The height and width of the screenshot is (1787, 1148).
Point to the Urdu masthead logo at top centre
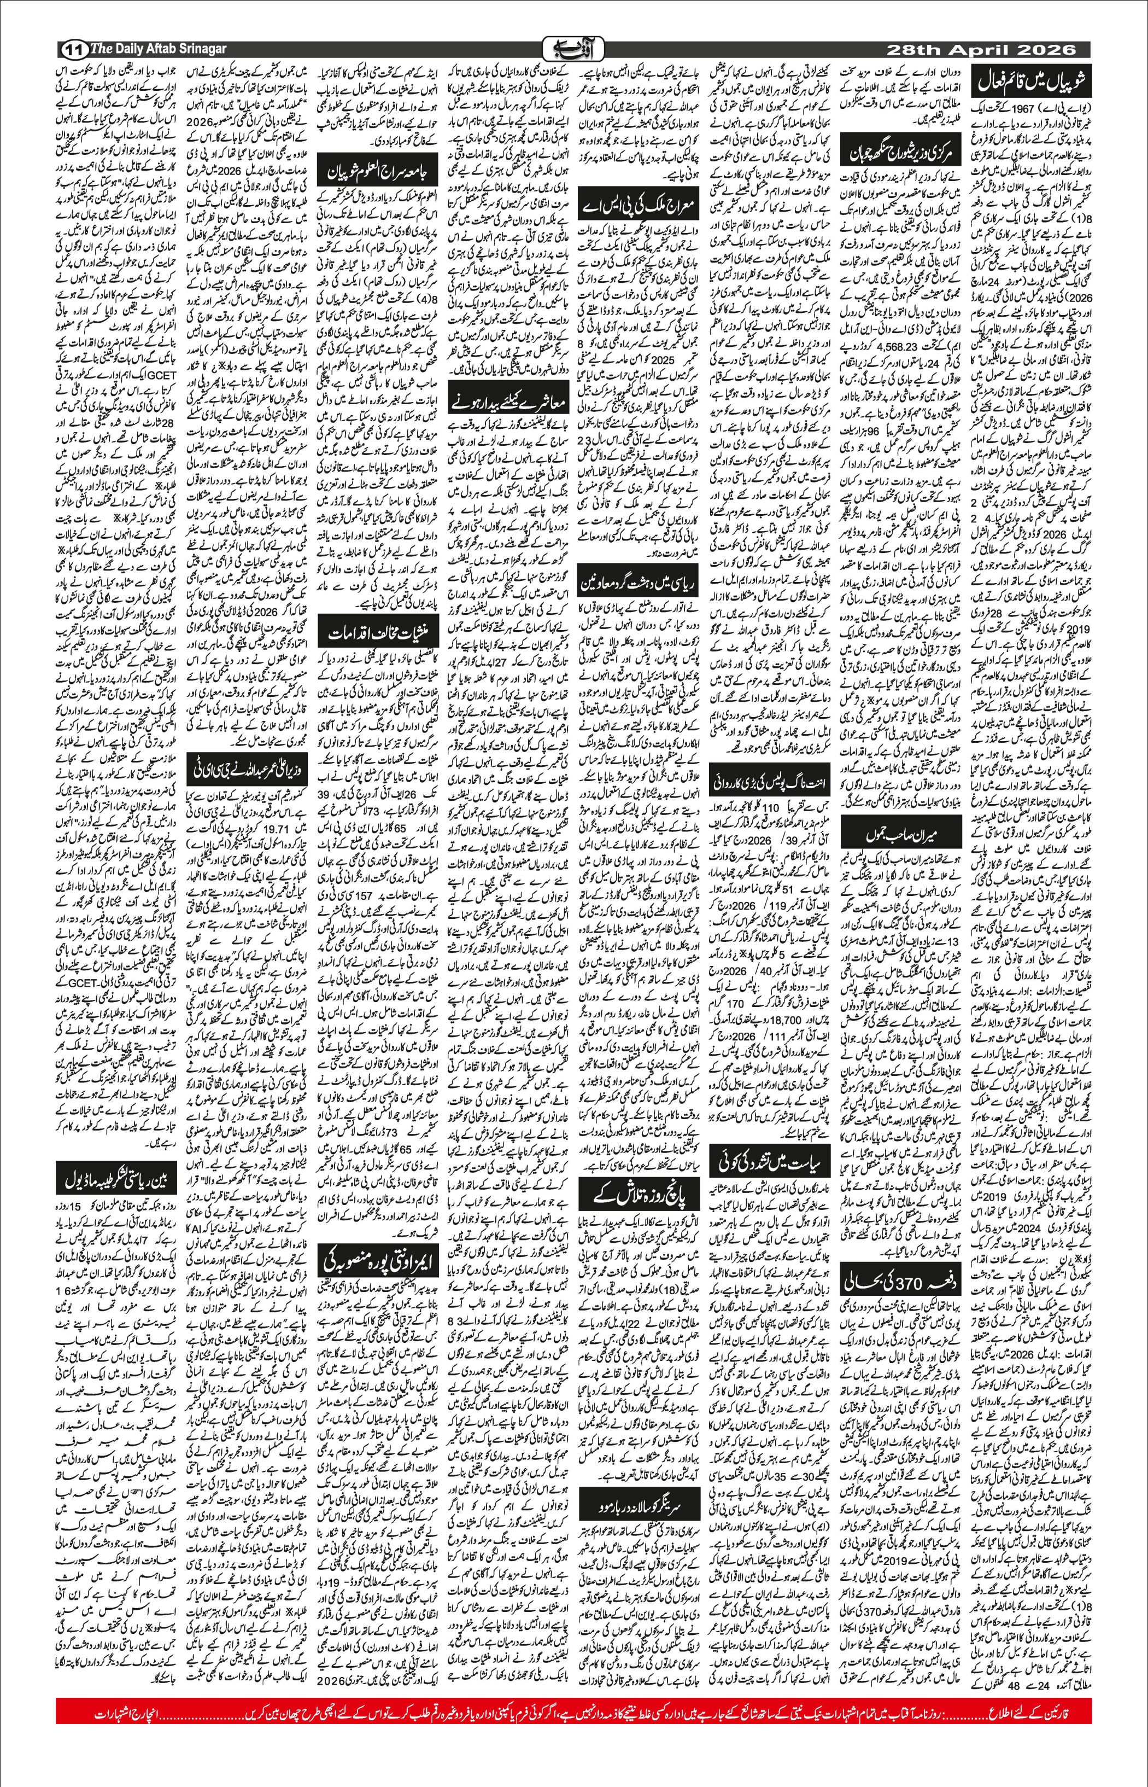pos(573,49)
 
